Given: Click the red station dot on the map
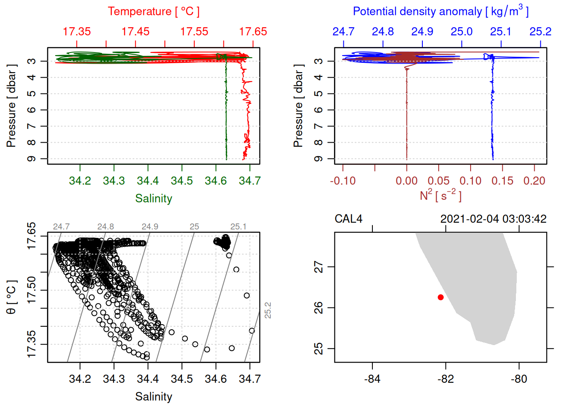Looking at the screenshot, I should [x=441, y=297].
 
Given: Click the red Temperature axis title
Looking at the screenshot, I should [x=153, y=12].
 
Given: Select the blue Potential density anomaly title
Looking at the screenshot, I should [x=440, y=12].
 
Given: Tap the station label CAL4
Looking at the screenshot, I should [x=348, y=219].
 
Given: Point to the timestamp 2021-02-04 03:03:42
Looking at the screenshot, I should [x=493, y=219].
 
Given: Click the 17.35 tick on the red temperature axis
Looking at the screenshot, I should [x=77, y=32].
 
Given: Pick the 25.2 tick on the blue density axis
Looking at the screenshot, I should [x=540, y=32].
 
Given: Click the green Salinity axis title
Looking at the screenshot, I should [x=153, y=199].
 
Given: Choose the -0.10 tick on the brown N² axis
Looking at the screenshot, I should [x=343, y=181].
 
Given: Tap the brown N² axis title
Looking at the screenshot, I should [x=440, y=196].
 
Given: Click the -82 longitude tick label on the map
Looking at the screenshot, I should [x=446, y=379].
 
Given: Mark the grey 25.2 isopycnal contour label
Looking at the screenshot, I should [x=268, y=310].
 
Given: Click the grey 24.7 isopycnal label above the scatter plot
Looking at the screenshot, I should [x=61, y=227].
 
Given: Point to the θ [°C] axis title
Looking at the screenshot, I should [x=11, y=297].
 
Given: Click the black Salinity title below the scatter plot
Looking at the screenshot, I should [x=153, y=397].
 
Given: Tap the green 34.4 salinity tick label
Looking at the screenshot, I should [x=148, y=181].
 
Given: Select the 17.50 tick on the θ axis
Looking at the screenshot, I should [x=32, y=290].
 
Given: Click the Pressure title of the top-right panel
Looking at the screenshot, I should [x=298, y=106].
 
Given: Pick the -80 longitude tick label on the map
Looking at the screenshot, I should [x=519, y=379].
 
